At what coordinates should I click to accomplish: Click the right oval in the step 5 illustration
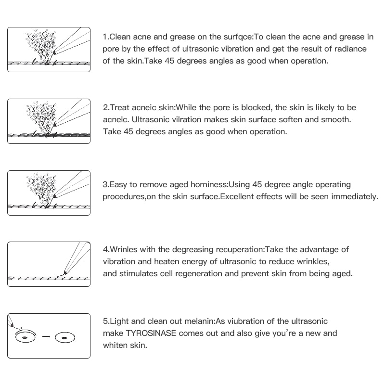64,338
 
